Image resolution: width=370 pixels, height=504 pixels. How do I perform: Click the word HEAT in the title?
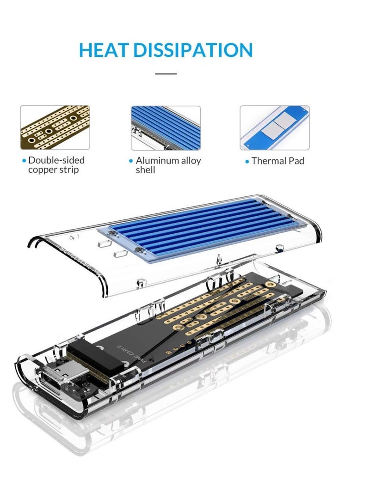[x=104, y=50]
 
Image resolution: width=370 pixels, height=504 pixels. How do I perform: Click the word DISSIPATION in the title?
[x=193, y=50]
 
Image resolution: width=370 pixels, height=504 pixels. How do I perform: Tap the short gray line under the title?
[x=166, y=73]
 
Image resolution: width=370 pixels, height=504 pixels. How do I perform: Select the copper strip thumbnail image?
[x=55, y=128]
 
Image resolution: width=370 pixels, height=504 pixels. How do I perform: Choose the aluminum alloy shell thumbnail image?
[x=166, y=128]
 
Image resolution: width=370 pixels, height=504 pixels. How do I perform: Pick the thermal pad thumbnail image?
[x=274, y=128]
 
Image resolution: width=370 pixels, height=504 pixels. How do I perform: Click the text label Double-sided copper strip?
[x=56, y=165]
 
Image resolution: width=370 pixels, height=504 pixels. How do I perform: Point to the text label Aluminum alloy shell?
[x=168, y=165]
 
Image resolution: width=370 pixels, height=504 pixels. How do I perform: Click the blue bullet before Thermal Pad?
[x=247, y=161]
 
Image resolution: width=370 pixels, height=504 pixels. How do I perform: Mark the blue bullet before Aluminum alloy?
[x=131, y=161]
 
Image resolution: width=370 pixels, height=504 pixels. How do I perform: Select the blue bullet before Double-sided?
[x=24, y=161]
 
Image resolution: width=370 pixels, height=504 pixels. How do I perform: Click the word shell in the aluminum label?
[x=145, y=170]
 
